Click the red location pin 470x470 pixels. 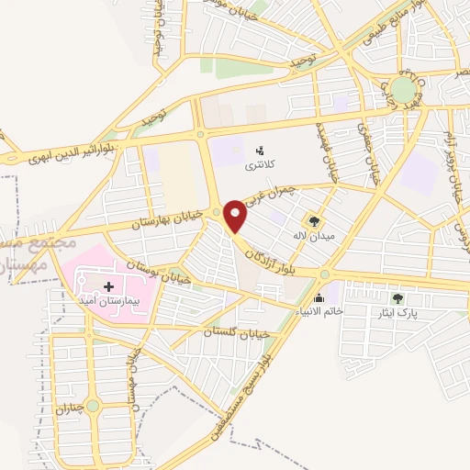[237, 215]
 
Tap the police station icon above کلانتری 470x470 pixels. [259, 150]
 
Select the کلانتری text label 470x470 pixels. [258, 166]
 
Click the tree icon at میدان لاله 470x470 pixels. [315, 220]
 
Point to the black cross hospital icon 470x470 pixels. [109, 287]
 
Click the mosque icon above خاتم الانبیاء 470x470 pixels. [319, 297]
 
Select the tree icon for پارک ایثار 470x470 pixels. [397, 297]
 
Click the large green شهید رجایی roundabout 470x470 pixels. [402, 89]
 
